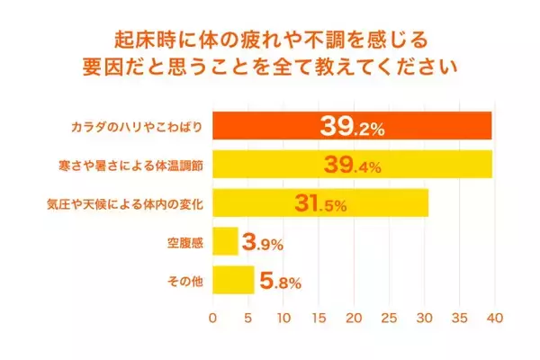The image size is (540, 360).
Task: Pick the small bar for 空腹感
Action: pyautogui.click(x=225, y=242)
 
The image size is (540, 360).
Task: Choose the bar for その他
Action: pyautogui.click(x=233, y=281)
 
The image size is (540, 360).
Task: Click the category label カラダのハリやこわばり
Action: pyautogui.click(x=138, y=127)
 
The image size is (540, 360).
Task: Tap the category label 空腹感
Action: pyautogui.click(x=186, y=243)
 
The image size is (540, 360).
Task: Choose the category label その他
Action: pyautogui.click(x=186, y=282)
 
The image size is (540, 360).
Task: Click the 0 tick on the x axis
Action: pyautogui.click(x=213, y=319)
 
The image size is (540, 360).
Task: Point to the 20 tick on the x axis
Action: pyautogui.click(x=354, y=319)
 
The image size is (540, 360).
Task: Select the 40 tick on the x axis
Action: pyautogui.click(x=494, y=319)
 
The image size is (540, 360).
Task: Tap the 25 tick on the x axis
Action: pyautogui.click(x=389, y=319)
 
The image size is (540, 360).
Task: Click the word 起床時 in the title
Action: pyautogui.click(x=142, y=40)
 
